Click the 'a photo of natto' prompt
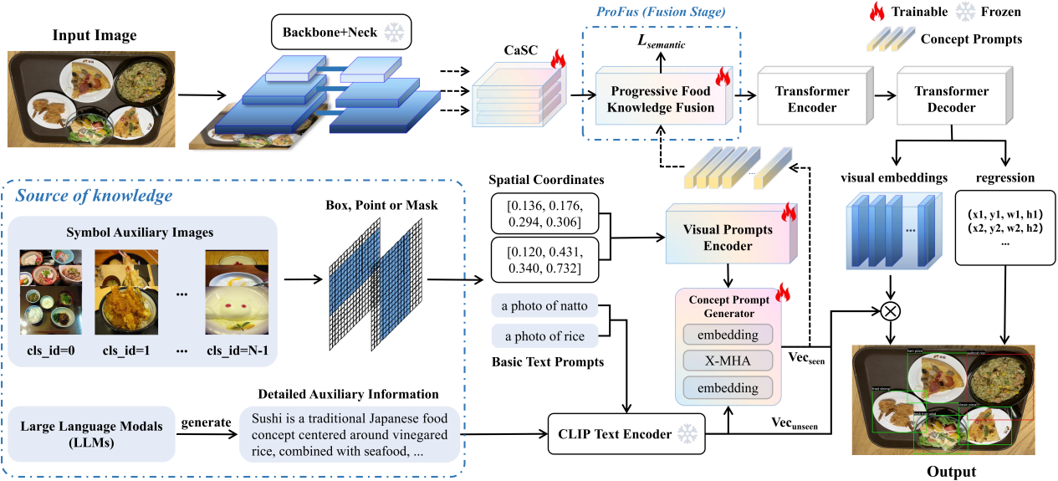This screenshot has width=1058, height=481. [544, 307]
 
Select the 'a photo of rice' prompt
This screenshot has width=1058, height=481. [544, 338]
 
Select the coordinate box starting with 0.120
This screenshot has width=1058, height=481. [544, 260]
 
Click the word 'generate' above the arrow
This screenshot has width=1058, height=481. [206, 422]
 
